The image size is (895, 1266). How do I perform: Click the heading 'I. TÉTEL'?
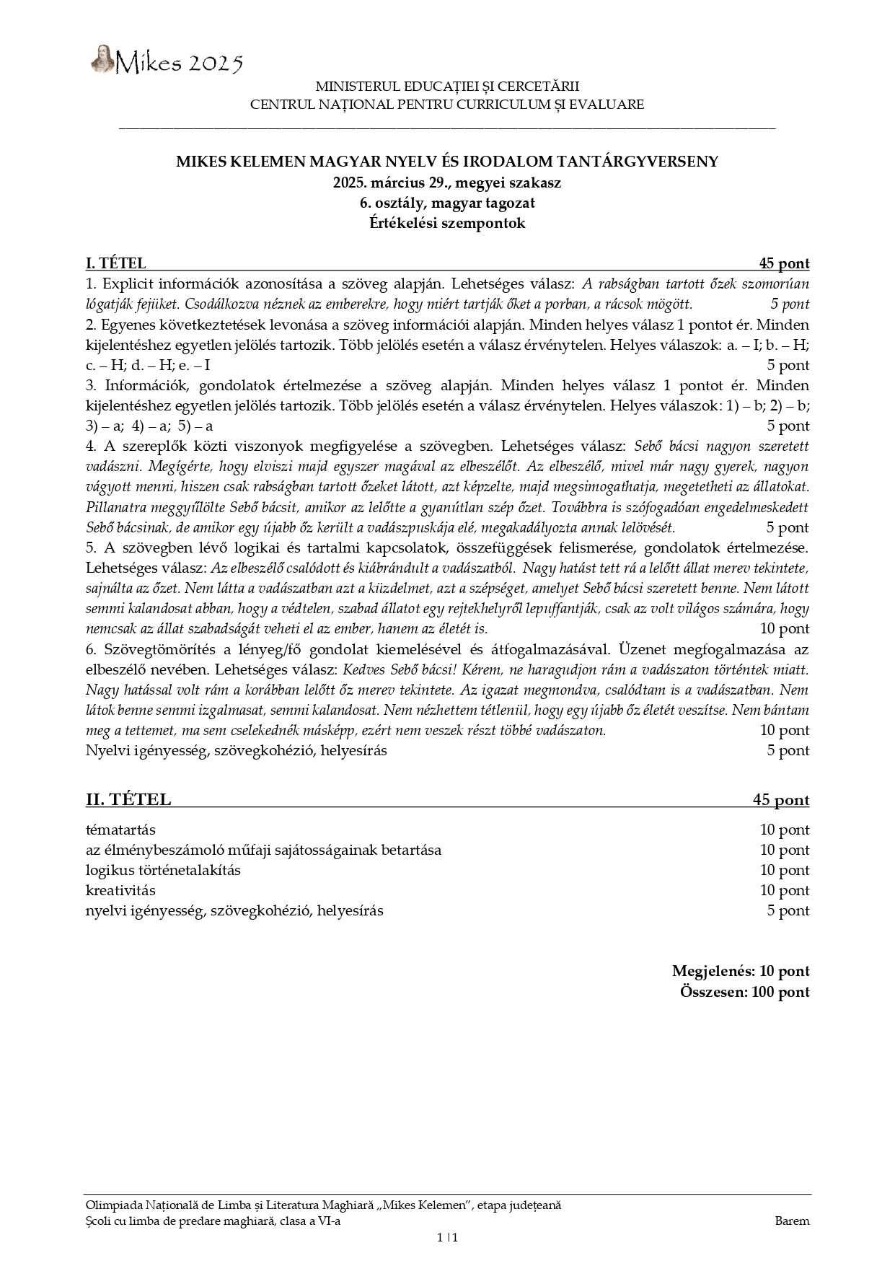(115, 263)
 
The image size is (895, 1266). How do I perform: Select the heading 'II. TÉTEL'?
(128, 799)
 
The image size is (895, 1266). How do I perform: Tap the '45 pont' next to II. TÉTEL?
(780, 799)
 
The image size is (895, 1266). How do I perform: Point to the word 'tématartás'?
(120, 830)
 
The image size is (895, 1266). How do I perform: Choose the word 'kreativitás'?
(120, 890)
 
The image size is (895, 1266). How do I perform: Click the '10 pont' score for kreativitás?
(784, 890)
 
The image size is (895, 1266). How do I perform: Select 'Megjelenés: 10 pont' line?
(740, 971)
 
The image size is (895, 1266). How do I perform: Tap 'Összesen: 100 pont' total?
(744, 991)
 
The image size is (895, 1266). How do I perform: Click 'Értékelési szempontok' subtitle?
(447, 223)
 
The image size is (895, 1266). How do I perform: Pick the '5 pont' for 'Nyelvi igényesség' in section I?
(788, 750)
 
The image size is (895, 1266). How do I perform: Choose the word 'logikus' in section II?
(108, 870)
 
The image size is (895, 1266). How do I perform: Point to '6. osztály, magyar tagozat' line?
(447, 203)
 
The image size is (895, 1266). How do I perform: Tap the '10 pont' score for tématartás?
(784, 830)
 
